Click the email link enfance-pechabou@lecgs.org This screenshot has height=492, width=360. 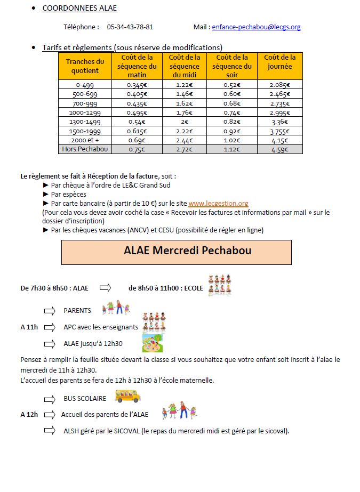[x=256, y=27]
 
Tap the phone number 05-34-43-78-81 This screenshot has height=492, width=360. [x=130, y=27]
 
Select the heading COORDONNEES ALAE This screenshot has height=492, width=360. [x=79, y=8]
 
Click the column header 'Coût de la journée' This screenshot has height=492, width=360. [x=279, y=62]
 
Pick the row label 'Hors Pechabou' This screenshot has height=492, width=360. [x=85, y=149]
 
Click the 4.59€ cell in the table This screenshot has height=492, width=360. [x=279, y=150]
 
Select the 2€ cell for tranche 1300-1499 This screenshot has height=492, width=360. [x=184, y=121]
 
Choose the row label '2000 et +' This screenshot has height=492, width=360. [x=85, y=140]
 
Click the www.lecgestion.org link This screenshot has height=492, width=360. [x=218, y=203]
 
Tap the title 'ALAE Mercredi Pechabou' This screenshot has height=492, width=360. [x=176, y=251]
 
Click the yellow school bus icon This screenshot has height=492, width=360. [x=127, y=396]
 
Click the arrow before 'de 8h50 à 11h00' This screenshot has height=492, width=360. [x=105, y=288]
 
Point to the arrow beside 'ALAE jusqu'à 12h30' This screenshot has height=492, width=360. [x=50, y=343]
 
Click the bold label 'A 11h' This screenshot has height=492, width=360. [x=29, y=327]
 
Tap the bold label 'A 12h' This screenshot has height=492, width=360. [x=29, y=414]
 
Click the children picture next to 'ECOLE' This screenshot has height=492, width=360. [x=219, y=286]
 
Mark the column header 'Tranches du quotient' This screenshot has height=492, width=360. [x=85, y=66]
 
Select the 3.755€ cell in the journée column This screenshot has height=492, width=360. [x=279, y=131]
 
